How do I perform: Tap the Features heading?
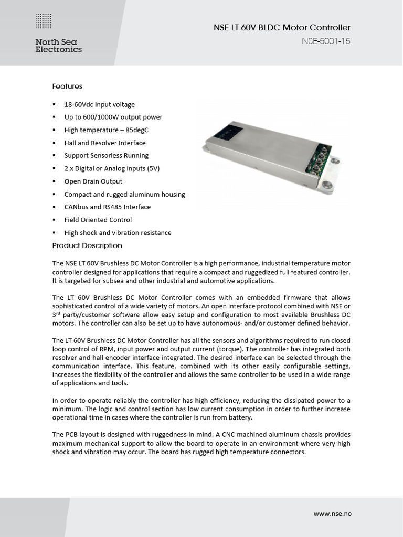click(67, 86)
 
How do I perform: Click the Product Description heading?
click(87, 245)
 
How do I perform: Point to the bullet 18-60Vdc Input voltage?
click(99, 104)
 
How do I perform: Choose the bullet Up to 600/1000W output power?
click(113, 117)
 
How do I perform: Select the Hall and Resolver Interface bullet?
click(105, 143)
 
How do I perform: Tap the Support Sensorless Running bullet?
click(106, 155)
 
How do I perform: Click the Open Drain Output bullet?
click(93, 181)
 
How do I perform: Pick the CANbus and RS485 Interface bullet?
click(107, 207)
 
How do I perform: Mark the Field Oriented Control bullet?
click(98, 220)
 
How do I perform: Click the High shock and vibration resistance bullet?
click(118, 232)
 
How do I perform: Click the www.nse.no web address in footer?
click(332, 513)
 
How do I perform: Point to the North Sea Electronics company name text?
click(58, 46)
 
